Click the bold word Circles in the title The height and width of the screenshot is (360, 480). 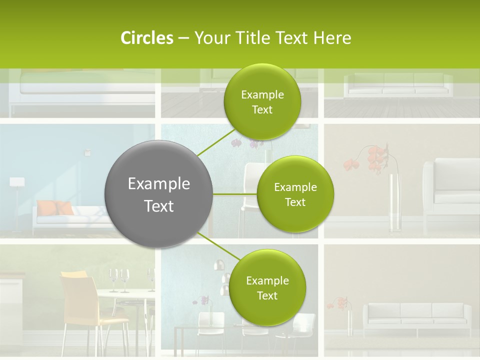coord(146,38)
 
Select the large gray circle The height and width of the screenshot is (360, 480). coord(158,194)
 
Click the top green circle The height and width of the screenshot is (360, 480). coord(262,101)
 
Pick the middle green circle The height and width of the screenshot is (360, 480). coord(295,194)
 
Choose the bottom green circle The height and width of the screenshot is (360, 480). coord(266,287)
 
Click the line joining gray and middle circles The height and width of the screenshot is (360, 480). coord(235,194)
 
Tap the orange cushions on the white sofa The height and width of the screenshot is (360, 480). coord(55,207)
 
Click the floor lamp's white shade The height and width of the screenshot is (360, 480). coord(17,182)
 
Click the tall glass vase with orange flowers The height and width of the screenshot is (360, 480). coord(395,202)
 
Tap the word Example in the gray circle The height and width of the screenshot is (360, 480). coord(158,183)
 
